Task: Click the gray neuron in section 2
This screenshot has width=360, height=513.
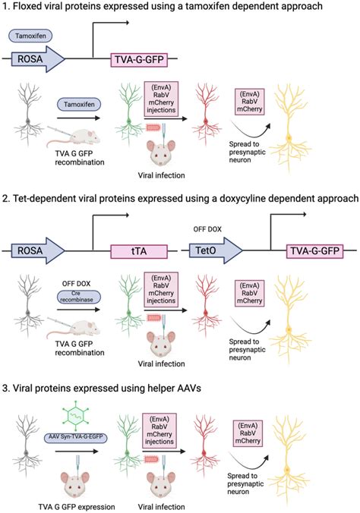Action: click(28, 292)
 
